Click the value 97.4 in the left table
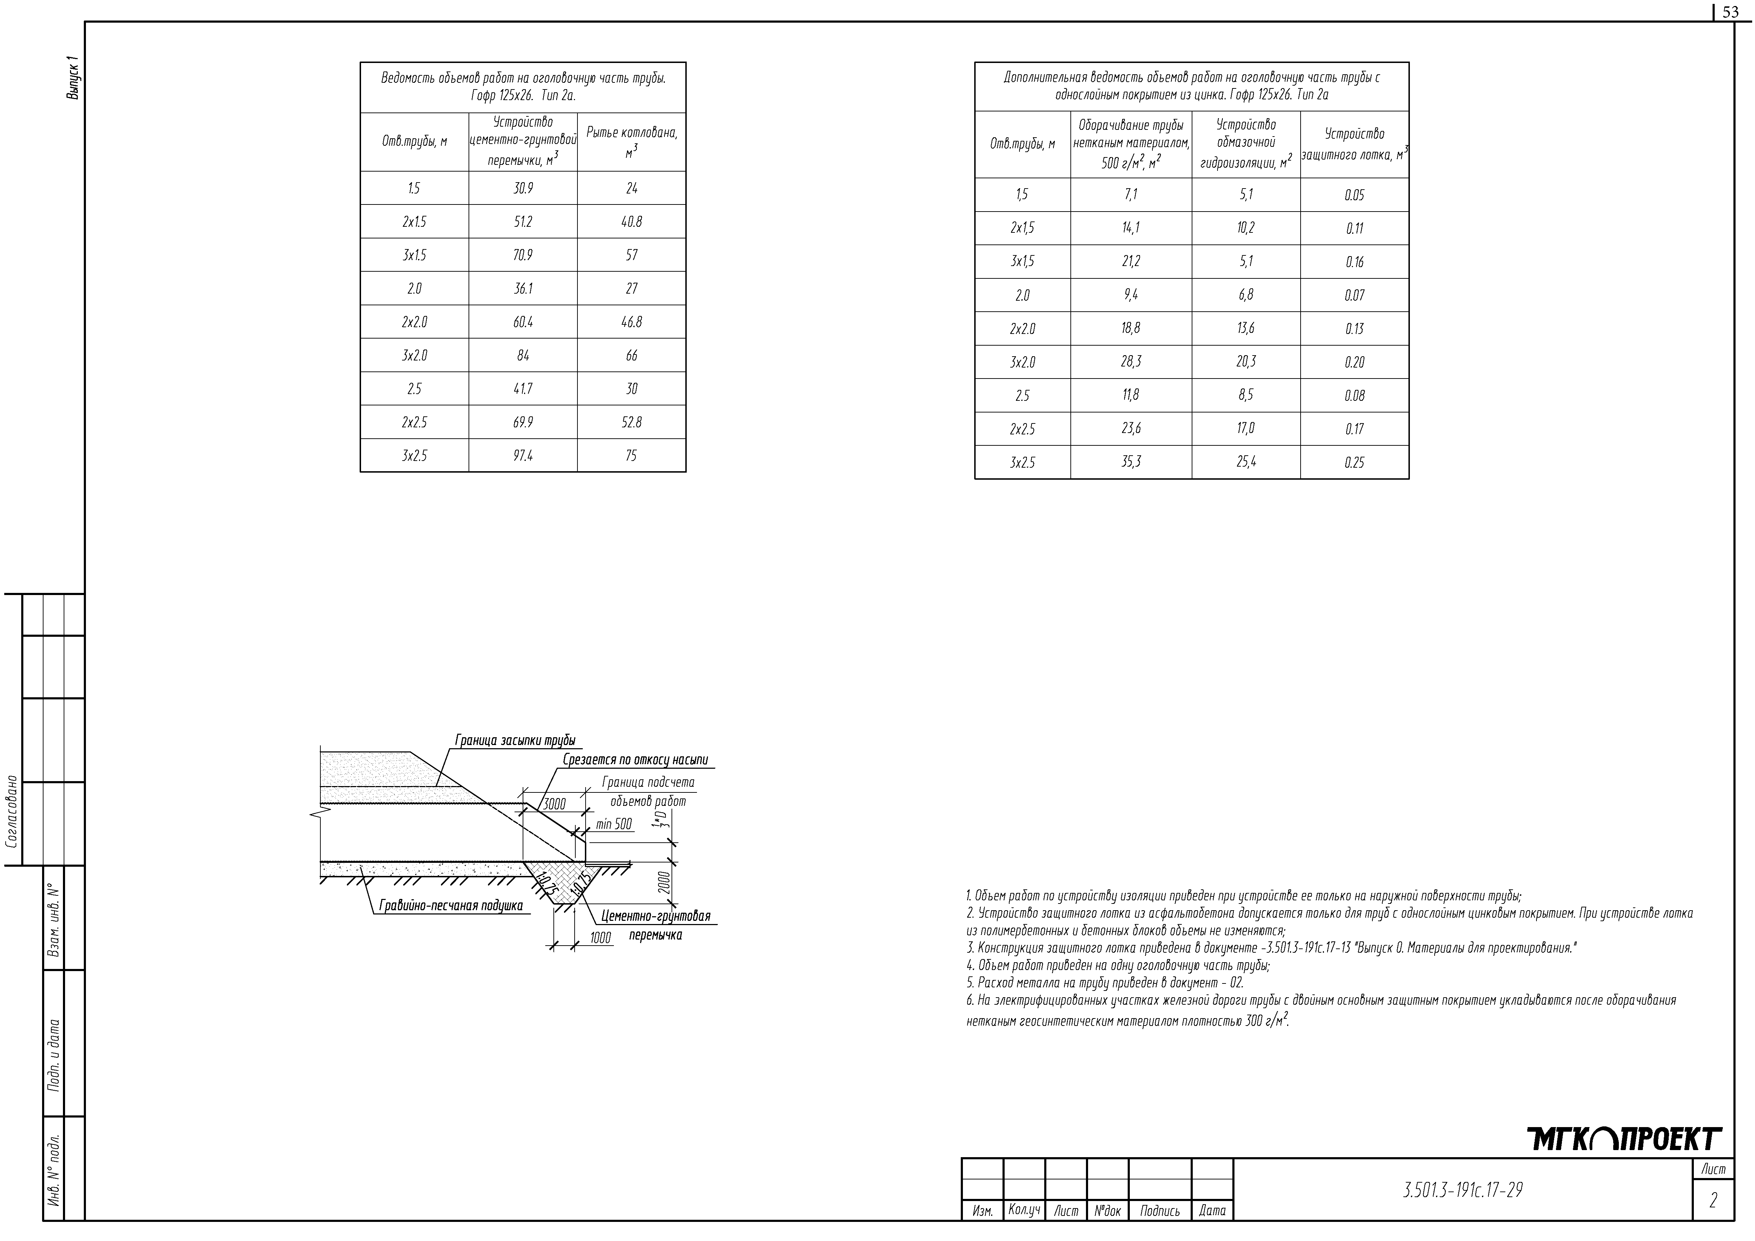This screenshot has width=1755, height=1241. pyautogui.click(x=523, y=456)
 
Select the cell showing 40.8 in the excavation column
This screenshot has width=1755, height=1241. pyautogui.click(x=631, y=222)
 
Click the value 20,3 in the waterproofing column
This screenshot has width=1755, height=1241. pyautogui.click(x=1246, y=362)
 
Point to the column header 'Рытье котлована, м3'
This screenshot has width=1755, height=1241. pyautogui.click(x=631, y=142)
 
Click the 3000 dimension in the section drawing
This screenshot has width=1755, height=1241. pyautogui.click(x=554, y=804)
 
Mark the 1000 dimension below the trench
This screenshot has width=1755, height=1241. pyautogui.click(x=601, y=937)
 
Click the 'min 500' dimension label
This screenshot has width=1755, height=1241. pyautogui.click(x=614, y=824)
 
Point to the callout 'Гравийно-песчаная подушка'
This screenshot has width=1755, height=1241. pyautogui.click(x=451, y=906)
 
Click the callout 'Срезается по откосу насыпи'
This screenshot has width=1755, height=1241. pyautogui.click(x=635, y=760)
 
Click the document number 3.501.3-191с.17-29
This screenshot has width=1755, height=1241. pyautogui.click(x=1462, y=1190)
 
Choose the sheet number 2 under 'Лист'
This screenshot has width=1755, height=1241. pyautogui.click(x=1713, y=1201)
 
